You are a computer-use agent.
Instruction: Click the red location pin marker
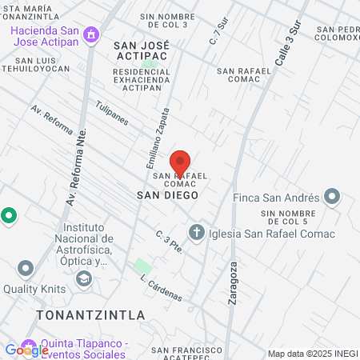180,163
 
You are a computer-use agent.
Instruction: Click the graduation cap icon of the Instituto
83,278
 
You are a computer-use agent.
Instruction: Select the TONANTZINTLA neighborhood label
90,314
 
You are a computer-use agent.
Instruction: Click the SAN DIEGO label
166,194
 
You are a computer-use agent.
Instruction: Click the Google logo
26,350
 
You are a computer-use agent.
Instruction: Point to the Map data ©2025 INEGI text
312,354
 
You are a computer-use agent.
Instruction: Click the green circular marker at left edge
8,215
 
